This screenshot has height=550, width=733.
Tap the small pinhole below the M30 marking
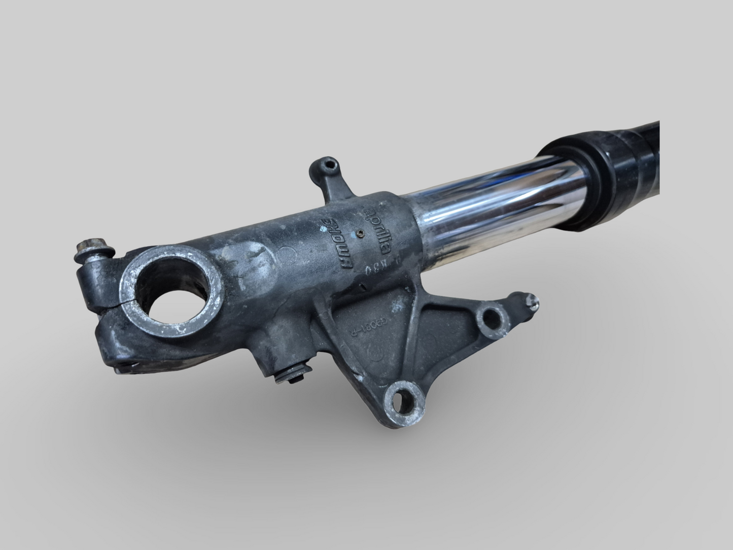(361, 288)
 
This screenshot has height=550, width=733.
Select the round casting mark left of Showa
(287, 253)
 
